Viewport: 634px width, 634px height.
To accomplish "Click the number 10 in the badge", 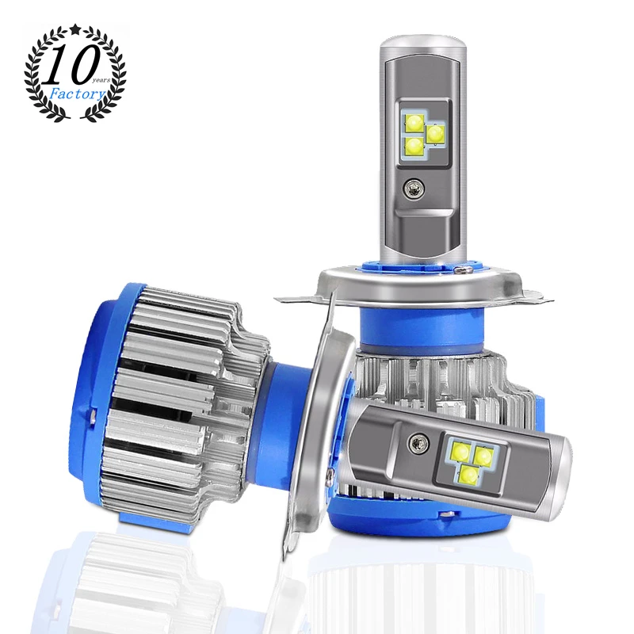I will [71, 68].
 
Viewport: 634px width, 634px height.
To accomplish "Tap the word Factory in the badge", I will [77, 94].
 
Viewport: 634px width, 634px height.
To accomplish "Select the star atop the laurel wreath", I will [75, 29].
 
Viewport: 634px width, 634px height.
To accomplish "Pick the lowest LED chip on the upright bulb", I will [415, 144].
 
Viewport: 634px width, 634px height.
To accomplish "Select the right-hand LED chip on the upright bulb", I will [435, 133].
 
